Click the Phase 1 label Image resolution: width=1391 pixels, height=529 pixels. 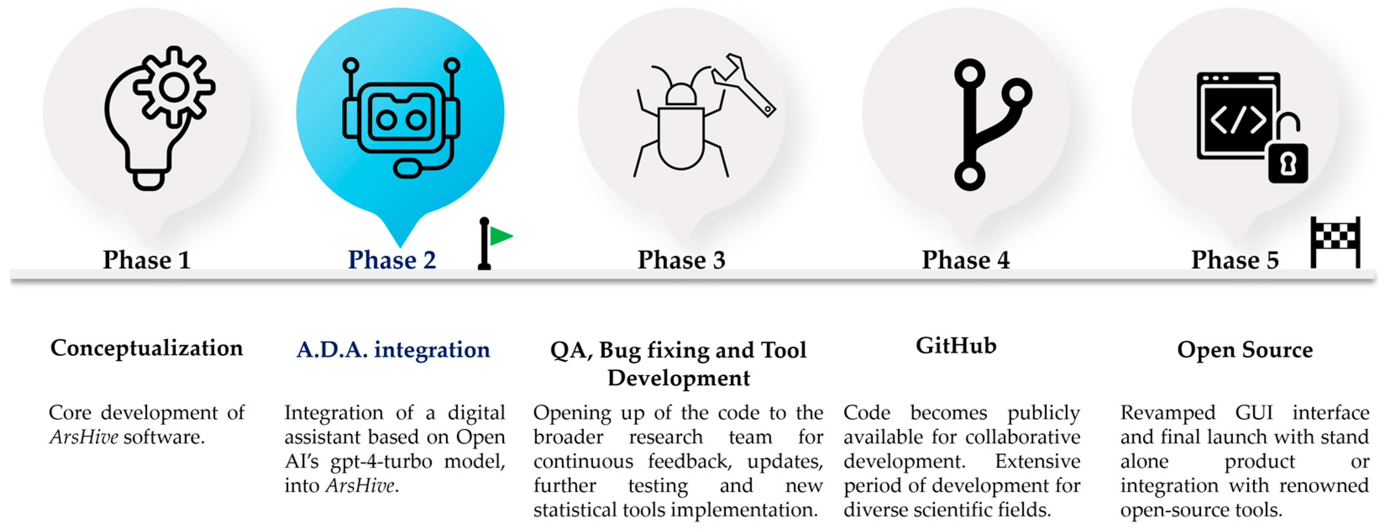click(x=147, y=260)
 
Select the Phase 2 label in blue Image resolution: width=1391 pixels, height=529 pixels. click(x=392, y=260)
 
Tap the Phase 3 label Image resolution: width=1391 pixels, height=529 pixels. click(x=681, y=260)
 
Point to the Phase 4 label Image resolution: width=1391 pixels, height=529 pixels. click(x=966, y=260)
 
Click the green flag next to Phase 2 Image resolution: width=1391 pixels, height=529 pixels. click(x=500, y=237)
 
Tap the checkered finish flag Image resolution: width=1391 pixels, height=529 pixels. click(x=1336, y=242)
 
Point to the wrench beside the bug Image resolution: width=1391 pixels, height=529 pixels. click(x=744, y=84)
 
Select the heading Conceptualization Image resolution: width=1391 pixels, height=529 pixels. click(x=147, y=348)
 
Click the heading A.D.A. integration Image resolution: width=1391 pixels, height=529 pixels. click(x=393, y=350)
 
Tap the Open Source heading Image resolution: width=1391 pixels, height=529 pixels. click(x=1245, y=350)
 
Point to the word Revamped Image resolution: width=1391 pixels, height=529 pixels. click(x=1168, y=413)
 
